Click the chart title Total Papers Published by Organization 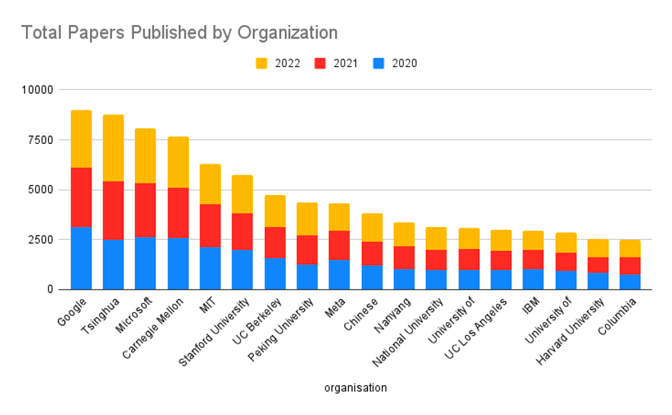(x=179, y=33)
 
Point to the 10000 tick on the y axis (x=37, y=90)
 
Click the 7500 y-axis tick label (x=40, y=140)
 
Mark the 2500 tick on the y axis (x=40, y=240)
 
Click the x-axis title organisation (x=355, y=388)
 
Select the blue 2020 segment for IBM (x=533, y=279)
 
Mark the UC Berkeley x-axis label (x=259, y=317)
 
